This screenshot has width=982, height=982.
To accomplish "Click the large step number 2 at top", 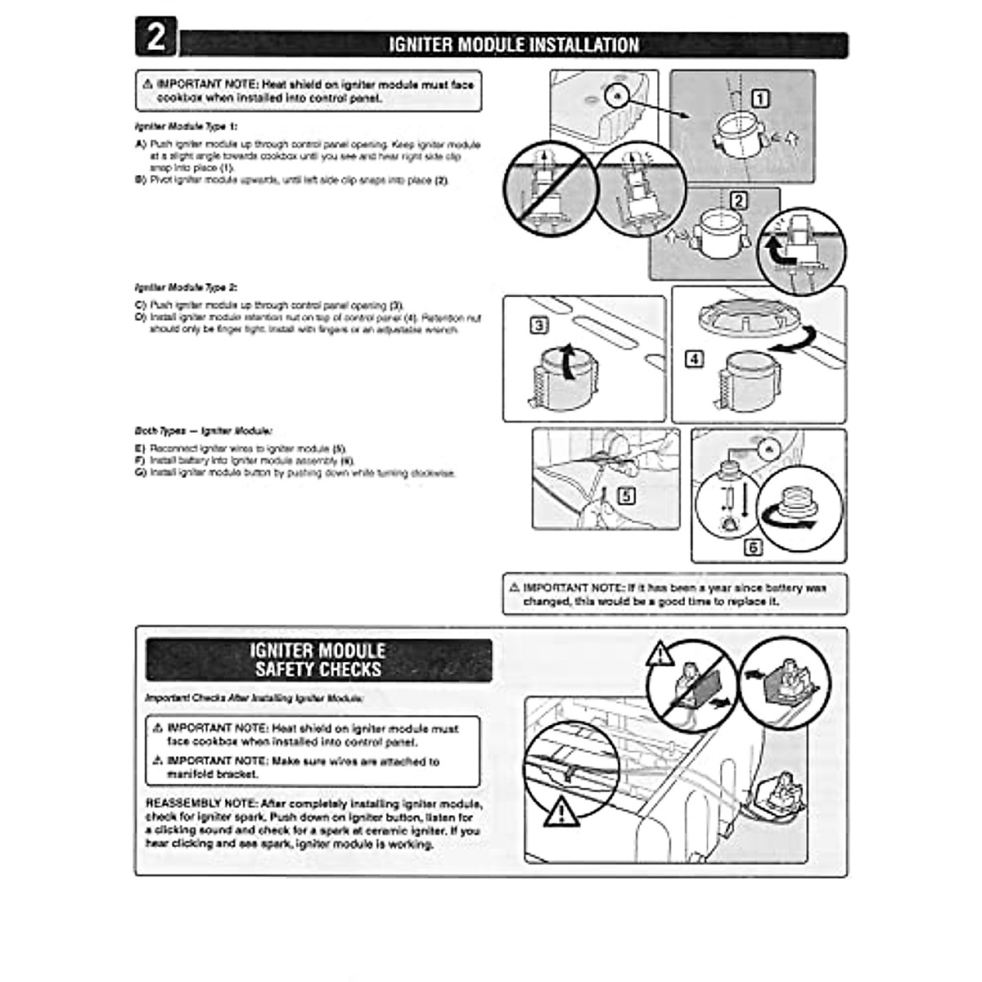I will pyautogui.click(x=155, y=38).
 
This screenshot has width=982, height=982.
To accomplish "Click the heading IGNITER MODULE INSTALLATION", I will pyautogui.click(x=513, y=44).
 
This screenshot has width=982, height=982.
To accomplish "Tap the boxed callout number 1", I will pyautogui.click(x=760, y=99).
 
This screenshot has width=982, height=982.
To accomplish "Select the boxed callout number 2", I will pyautogui.click(x=738, y=200).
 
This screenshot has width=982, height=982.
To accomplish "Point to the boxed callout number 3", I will pyautogui.click(x=539, y=326).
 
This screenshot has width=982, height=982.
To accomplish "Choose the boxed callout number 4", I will pyautogui.click(x=694, y=358).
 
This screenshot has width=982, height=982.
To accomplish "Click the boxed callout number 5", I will pyautogui.click(x=626, y=495).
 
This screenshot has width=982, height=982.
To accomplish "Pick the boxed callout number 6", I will pyautogui.click(x=752, y=547).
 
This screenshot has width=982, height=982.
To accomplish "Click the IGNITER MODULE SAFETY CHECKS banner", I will pyautogui.click(x=318, y=660).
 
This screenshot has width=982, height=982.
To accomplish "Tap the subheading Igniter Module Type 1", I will pyautogui.click(x=186, y=128).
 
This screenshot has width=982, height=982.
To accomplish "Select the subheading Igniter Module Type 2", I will pyautogui.click(x=186, y=288).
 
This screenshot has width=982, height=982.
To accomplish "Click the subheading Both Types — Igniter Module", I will pyautogui.click(x=203, y=430).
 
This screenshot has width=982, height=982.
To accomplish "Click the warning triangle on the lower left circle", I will pyautogui.click(x=561, y=811).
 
